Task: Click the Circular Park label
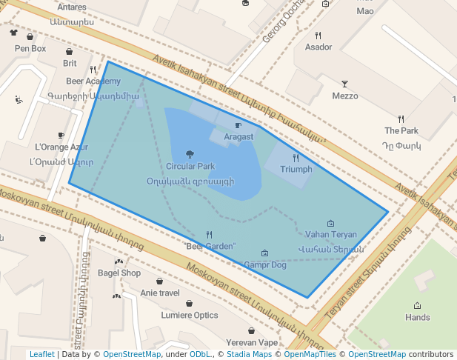pyautogui.click(x=190, y=167)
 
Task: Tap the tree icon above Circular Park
pyautogui.click(x=190, y=154)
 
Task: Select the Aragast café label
pyautogui.click(x=238, y=137)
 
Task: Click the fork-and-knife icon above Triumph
pyautogui.click(x=296, y=158)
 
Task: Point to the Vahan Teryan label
pyautogui.click(x=330, y=235)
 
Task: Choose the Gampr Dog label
pyautogui.click(x=265, y=264)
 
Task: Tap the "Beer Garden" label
pyautogui.click(x=210, y=246)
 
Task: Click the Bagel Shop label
pyautogui.click(x=119, y=273)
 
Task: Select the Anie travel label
pyautogui.click(x=160, y=293)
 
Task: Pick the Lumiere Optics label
pyautogui.click(x=190, y=315)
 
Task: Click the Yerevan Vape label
pyautogui.click(x=252, y=342)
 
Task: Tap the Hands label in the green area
pyautogui.click(x=418, y=317)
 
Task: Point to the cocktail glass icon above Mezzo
pyautogui.click(x=344, y=84)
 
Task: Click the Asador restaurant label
pyautogui.click(x=318, y=47)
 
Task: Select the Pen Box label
pyautogui.click(x=30, y=49)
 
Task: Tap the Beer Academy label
pyautogui.click(x=93, y=81)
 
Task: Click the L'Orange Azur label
pyautogui.click(x=56, y=147)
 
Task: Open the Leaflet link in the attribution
pyautogui.click(x=41, y=354)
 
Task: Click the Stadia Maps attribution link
pyautogui.click(x=249, y=354)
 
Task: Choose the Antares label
pyautogui.click(x=71, y=7)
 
